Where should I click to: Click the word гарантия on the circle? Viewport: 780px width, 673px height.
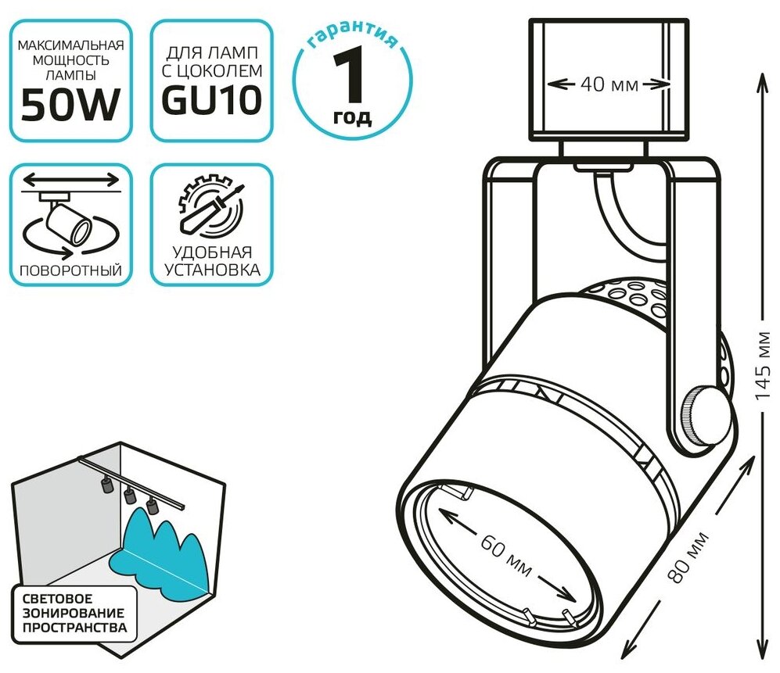point(352,37)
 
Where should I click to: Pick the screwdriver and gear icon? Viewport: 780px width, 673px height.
point(211,208)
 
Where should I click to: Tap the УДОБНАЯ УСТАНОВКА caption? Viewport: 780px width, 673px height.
point(211,262)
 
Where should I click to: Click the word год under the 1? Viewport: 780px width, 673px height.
point(353,117)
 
